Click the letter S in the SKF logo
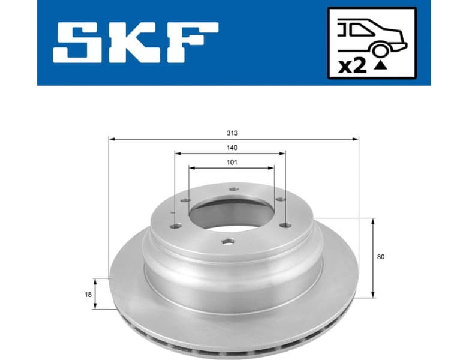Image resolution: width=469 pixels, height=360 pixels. pos(80,43)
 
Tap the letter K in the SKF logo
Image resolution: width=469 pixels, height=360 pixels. pos(138,43)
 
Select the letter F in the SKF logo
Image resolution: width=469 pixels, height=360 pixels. pos(194,43)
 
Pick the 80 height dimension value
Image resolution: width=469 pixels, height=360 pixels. pos(381,257)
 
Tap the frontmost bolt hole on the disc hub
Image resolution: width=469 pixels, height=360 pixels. pos(227,242)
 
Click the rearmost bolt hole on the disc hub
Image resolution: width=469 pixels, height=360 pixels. pos(233,191)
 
